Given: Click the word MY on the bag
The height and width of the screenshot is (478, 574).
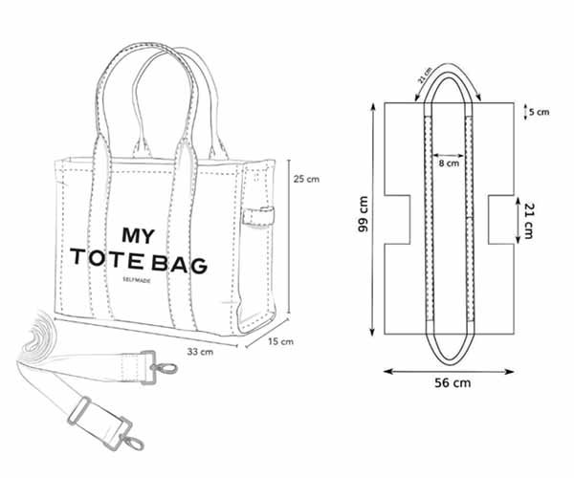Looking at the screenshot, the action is pos(138,236).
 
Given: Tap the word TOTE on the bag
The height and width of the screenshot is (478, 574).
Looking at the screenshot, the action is pos(106,257).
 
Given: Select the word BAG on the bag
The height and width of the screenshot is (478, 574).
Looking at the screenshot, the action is pos(180,264).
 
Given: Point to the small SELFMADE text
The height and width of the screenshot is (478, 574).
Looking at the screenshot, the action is pos(137,280).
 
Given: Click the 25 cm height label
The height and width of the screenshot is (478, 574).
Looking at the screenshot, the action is pos(306,179).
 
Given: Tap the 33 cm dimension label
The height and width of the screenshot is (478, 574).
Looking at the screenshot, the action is pos(200,352).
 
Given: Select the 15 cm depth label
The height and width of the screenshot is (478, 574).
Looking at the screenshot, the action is pos(280,341).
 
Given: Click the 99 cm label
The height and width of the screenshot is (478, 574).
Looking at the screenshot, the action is pos(364,214).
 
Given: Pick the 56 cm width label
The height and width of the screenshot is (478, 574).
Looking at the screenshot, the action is pos(453,383).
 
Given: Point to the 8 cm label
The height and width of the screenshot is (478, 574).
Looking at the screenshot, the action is pos(449,163).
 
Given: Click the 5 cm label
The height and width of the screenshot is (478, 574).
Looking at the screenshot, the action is pos(540,112).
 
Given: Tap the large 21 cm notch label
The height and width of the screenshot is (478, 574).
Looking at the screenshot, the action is pos(528,221).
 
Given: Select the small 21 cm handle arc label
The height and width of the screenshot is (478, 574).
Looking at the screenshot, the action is pos(426,76).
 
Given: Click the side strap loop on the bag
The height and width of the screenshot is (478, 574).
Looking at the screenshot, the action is pos(258,216).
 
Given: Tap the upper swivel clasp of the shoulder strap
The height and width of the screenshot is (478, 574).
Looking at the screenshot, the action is pos(163,367).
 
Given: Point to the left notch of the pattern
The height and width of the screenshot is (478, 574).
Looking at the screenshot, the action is pos(397,220).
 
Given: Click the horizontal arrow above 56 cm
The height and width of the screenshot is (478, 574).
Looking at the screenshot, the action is pos(449,372).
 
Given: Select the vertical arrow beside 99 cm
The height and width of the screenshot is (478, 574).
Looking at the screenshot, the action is pos(373,220).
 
